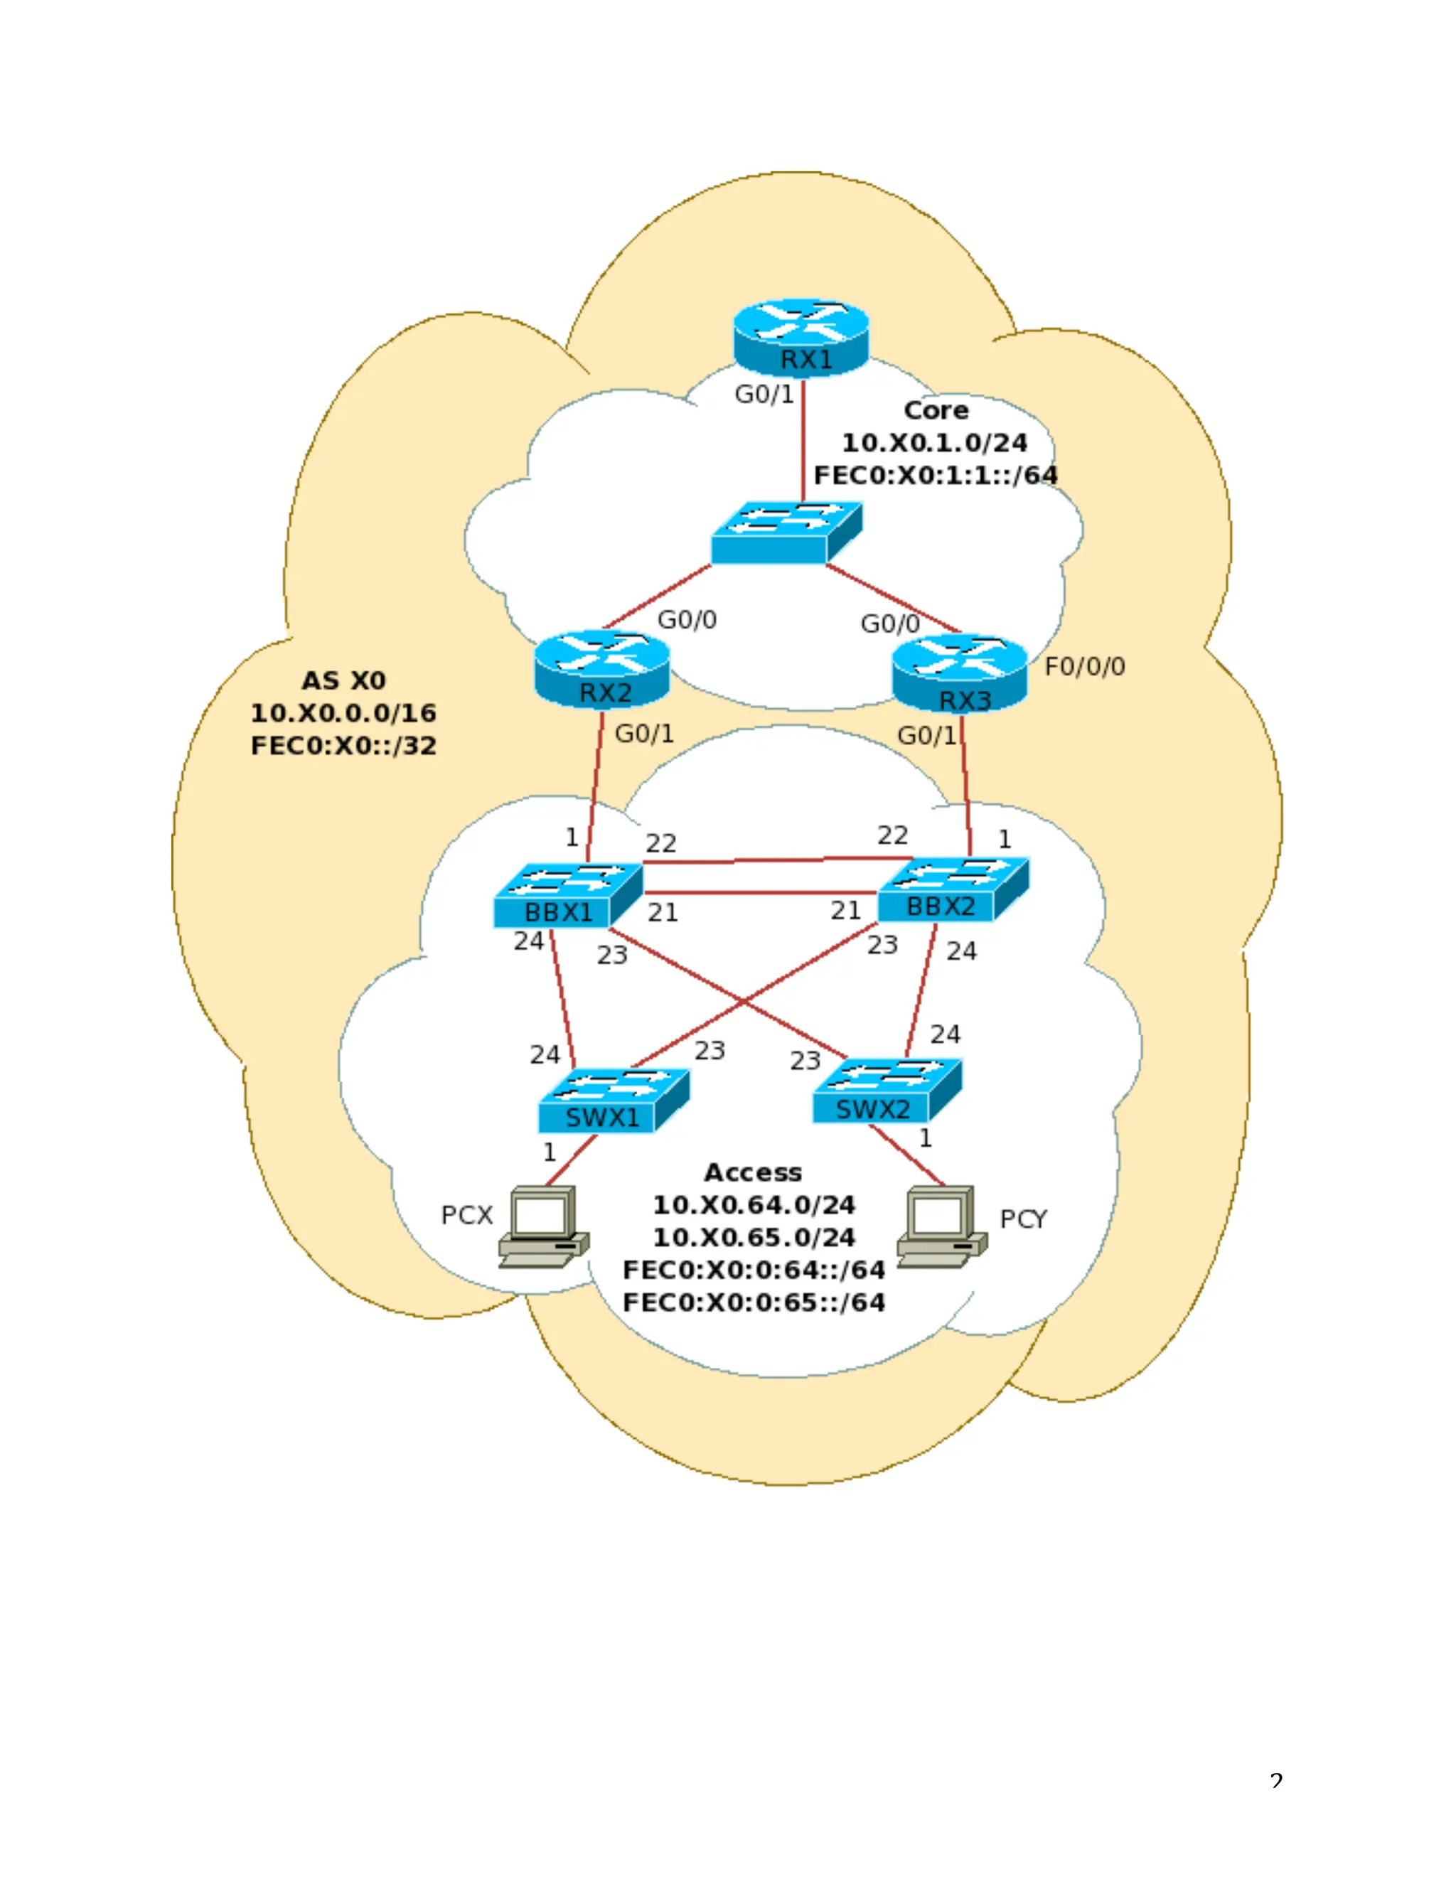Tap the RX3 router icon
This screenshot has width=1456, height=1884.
point(959,674)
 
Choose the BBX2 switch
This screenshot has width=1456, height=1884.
point(952,889)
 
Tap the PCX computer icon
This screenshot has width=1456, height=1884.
point(543,1226)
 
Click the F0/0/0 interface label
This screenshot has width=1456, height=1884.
point(1084,667)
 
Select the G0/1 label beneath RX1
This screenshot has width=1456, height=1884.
point(764,395)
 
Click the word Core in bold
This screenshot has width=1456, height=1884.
point(936,411)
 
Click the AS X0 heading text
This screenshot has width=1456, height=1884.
point(343,680)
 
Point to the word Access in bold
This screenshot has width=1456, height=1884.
point(753,1172)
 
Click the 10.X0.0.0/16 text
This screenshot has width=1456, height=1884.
point(343,713)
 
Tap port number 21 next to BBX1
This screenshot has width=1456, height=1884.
point(663,913)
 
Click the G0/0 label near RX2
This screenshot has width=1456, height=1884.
point(687,619)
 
